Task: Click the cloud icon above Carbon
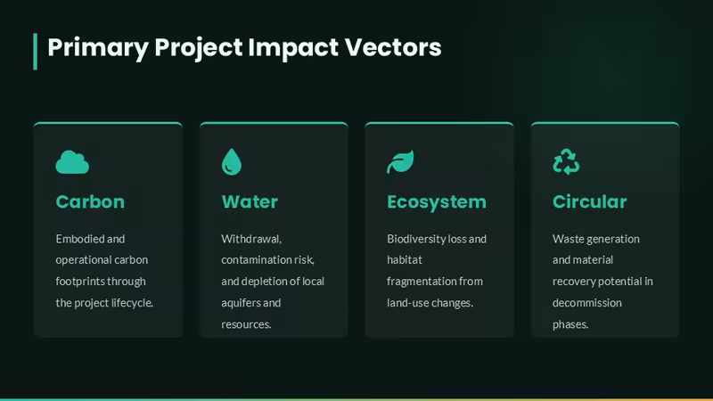(72, 162)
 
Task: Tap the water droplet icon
(232, 162)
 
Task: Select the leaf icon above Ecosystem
(400, 162)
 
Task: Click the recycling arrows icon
(566, 161)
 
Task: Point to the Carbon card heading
(90, 202)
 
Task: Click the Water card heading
(250, 202)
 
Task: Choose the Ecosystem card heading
(437, 202)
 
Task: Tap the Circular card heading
(590, 202)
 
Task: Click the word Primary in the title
(98, 48)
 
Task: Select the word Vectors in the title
(393, 47)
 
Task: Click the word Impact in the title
(293, 48)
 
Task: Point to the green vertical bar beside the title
(35, 52)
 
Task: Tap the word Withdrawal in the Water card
(251, 239)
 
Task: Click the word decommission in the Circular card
(587, 303)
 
